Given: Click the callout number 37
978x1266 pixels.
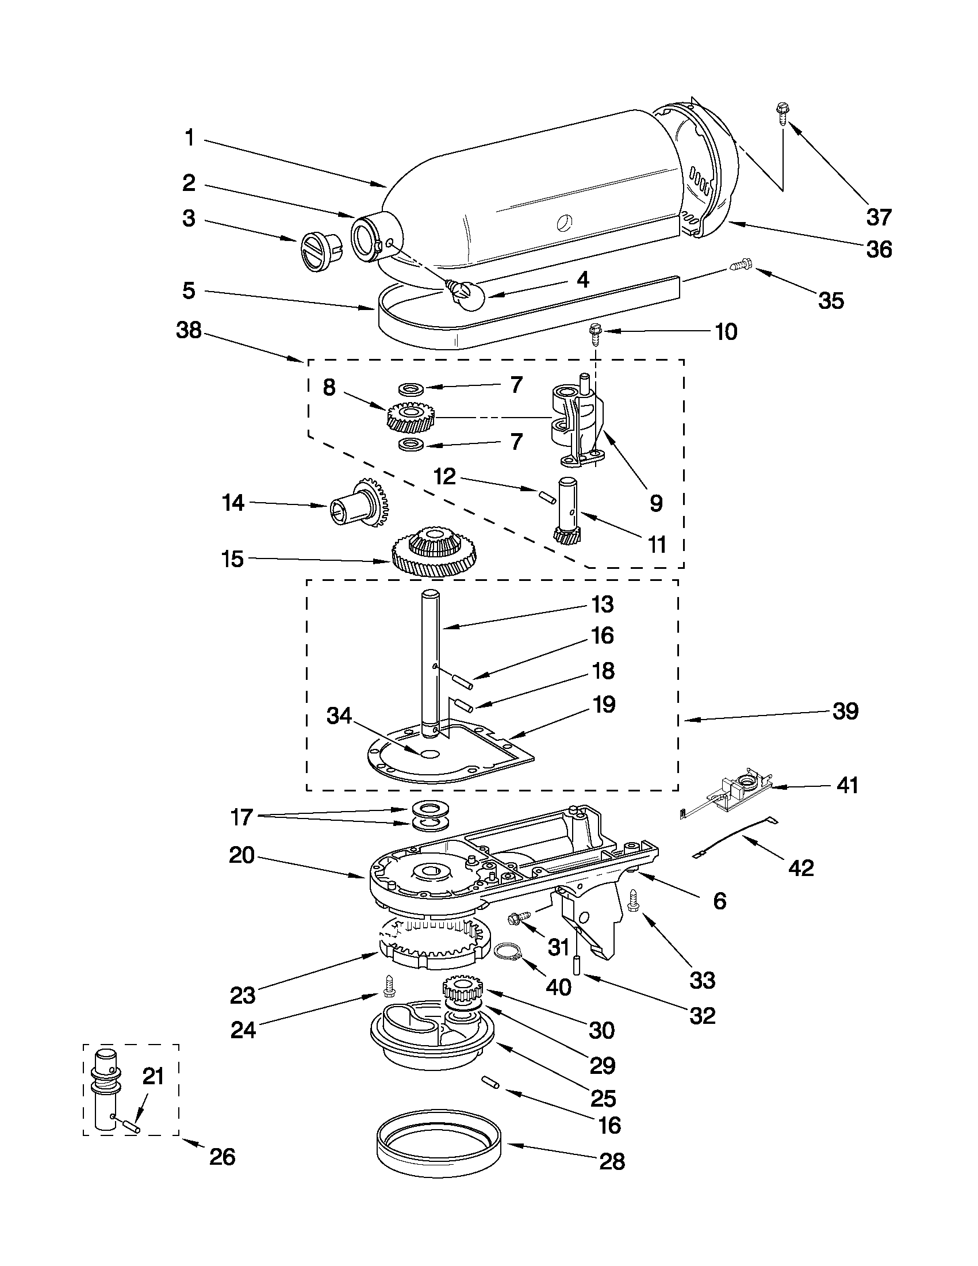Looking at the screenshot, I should tap(879, 217).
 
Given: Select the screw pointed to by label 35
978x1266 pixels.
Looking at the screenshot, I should tap(739, 266).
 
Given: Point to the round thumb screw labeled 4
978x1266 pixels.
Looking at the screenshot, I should tap(466, 294).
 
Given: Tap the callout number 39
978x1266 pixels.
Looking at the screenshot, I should tap(845, 712).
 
